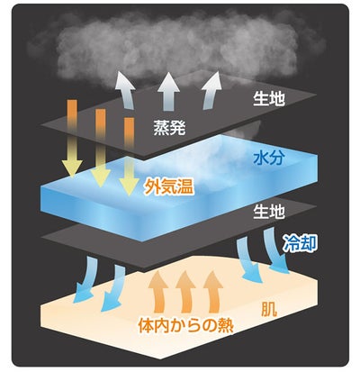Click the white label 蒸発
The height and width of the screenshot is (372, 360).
click(x=169, y=128)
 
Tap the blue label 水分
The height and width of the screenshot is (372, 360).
click(x=268, y=158)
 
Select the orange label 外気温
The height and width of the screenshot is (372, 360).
click(x=168, y=186)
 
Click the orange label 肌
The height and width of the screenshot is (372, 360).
click(x=269, y=309)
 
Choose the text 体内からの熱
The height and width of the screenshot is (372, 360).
click(x=186, y=325)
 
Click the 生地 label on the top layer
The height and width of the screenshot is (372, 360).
click(x=268, y=98)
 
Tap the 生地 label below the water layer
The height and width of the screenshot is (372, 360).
click(x=268, y=212)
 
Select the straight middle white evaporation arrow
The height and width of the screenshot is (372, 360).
click(x=169, y=91)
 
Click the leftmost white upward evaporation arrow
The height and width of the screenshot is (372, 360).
click(x=126, y=90)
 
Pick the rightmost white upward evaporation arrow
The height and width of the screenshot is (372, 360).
click(x=211, y=90)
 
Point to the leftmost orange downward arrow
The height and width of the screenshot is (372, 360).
click(x=72, y=138)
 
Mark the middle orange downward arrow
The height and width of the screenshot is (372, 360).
click(x=101, y=148)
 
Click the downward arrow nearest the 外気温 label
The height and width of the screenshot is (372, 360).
click(x=129, y=157)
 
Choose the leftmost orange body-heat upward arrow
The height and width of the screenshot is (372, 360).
click(x=159, y=291)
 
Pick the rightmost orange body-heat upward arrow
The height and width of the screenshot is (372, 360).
click(x=213, y=291)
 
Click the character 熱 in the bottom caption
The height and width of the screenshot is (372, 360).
click(x=226, y=325)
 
